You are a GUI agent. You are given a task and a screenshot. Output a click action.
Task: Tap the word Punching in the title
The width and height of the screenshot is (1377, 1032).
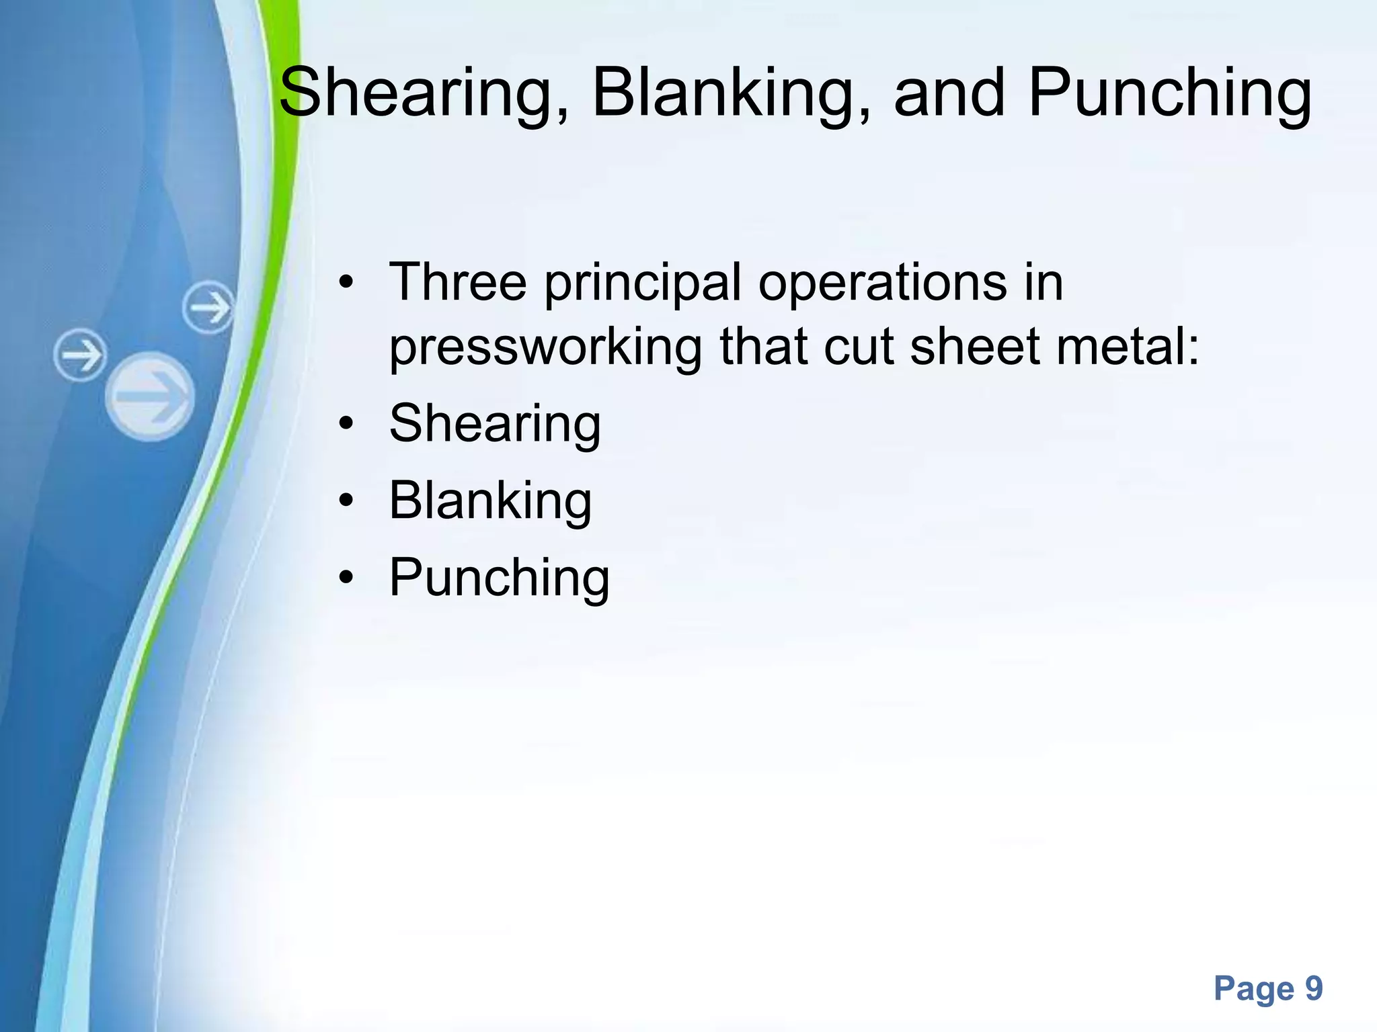(x=1169, y=93)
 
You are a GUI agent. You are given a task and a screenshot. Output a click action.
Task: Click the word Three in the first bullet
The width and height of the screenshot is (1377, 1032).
(x=458, y=282)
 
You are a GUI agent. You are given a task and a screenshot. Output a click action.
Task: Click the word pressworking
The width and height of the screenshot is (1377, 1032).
(x=545, y=349)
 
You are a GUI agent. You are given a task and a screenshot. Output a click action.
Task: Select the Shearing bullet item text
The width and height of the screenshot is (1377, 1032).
(x=495, y=425)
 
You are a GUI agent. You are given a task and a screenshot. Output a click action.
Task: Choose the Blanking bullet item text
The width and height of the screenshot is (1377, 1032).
(x=490, y=501)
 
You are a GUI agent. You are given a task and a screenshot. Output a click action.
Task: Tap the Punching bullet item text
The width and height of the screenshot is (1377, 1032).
(x=499, y=578)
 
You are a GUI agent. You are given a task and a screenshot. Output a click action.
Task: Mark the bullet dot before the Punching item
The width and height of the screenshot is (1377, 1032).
(x=346, y=578)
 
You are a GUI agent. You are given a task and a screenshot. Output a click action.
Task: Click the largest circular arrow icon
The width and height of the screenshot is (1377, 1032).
(x=150, y=396)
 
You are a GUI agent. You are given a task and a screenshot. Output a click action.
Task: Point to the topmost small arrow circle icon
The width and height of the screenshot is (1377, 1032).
(x=209, y=308)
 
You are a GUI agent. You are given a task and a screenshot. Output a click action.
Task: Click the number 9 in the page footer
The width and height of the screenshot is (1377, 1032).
(x=1314, y=988)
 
